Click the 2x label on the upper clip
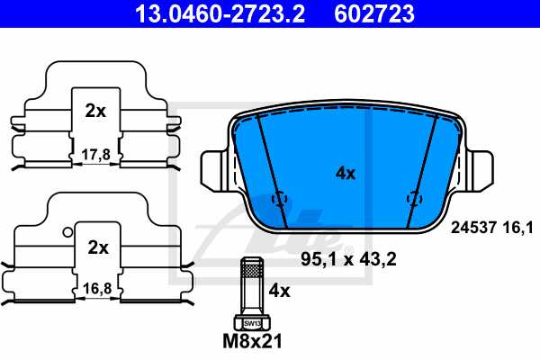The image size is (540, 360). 95,112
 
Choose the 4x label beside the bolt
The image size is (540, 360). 280,292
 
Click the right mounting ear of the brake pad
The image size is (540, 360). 481,168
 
